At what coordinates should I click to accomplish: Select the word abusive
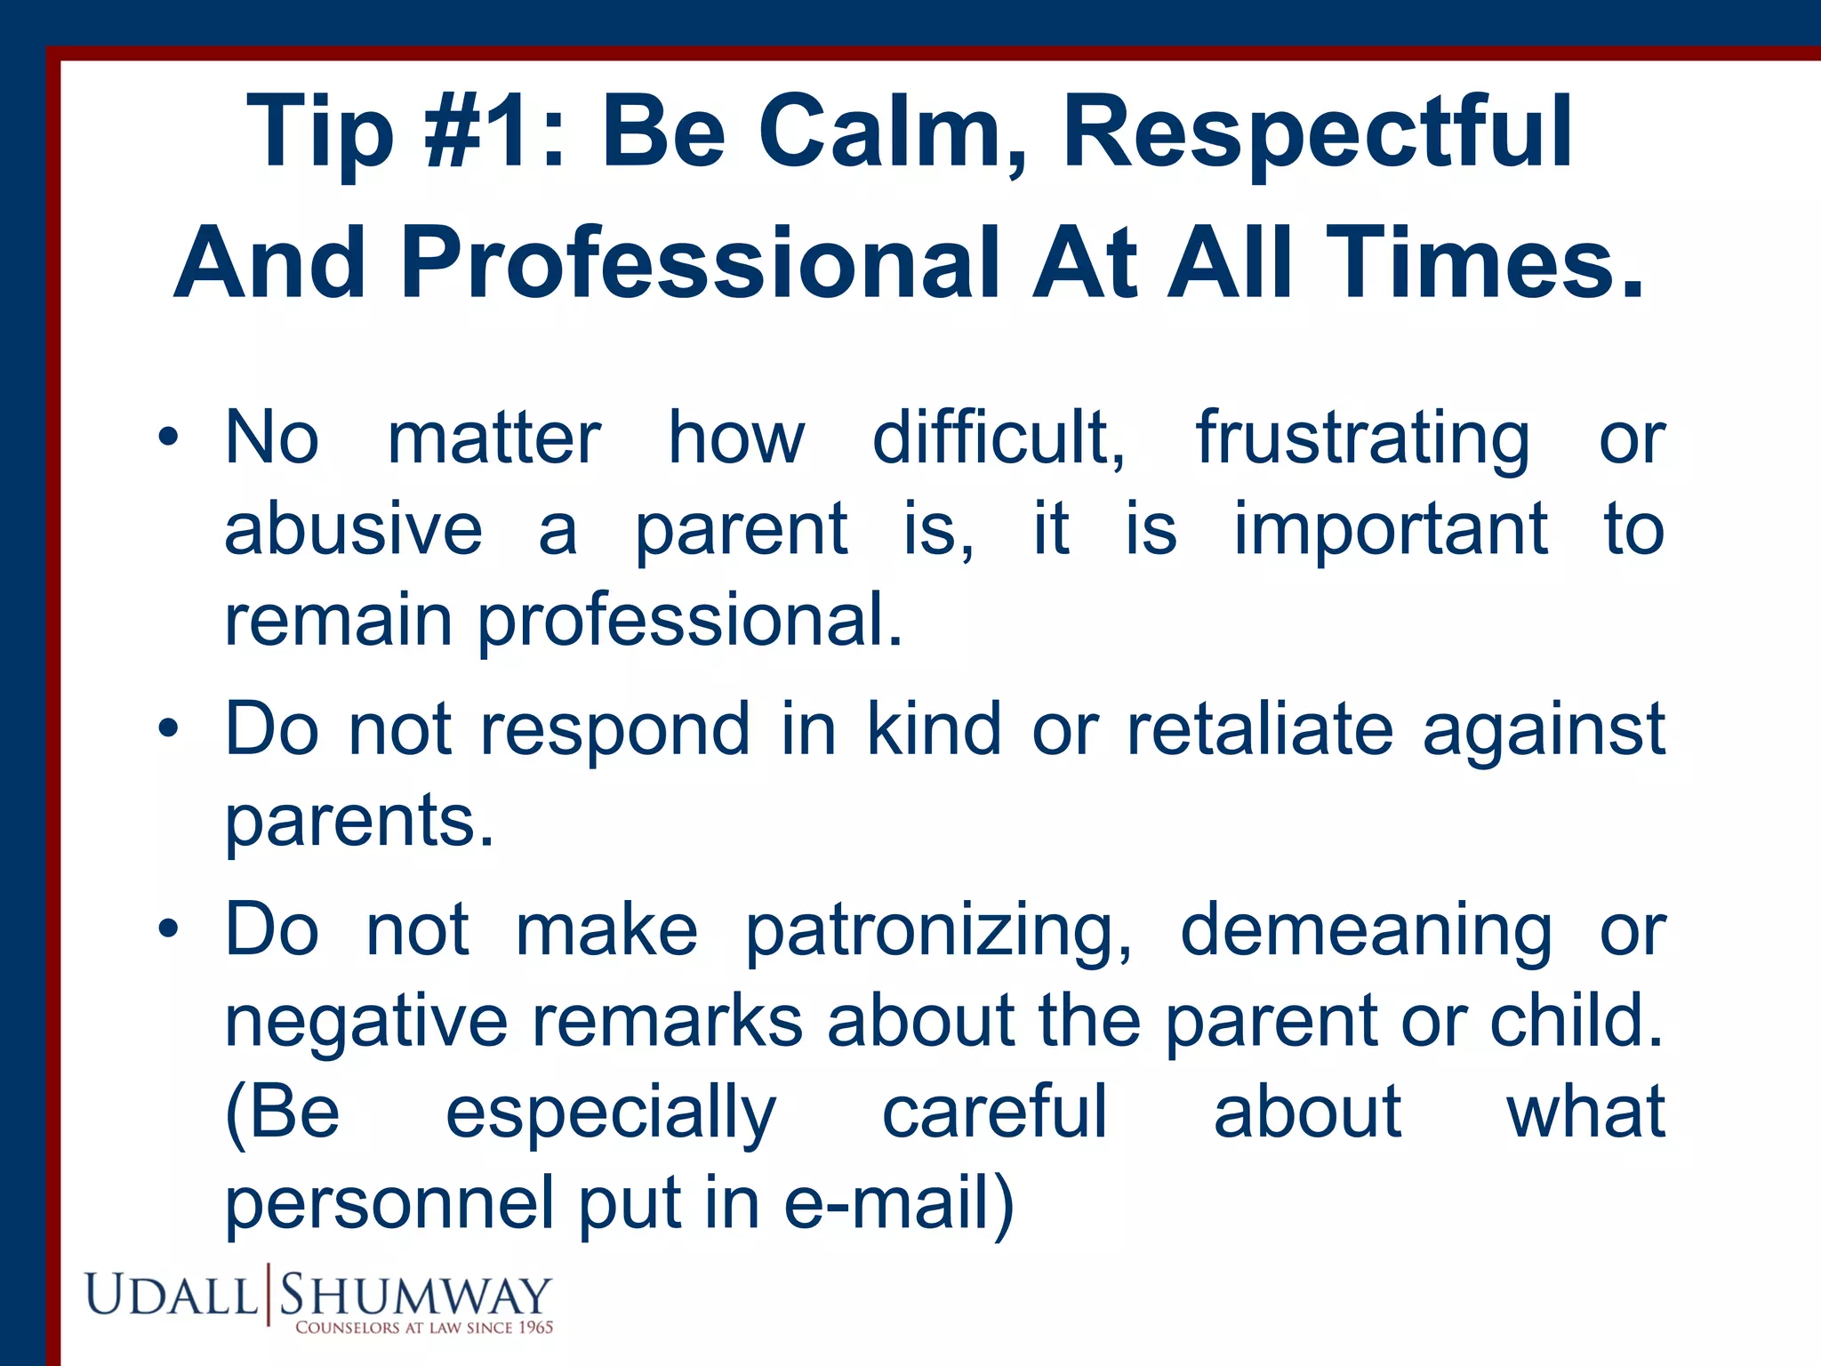pos(353,529)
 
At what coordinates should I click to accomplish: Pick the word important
pos(1391,529)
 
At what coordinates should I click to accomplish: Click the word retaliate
pos(1259,729)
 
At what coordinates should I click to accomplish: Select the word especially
pos(611,1113)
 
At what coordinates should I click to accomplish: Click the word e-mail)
pos(899,1202)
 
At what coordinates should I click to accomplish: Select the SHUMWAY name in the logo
pos(415,1295)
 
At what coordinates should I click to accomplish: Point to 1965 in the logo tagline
pos(535,1328)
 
